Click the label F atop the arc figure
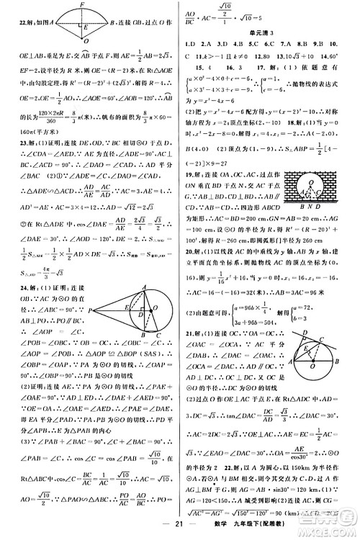(x=84, y=4)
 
